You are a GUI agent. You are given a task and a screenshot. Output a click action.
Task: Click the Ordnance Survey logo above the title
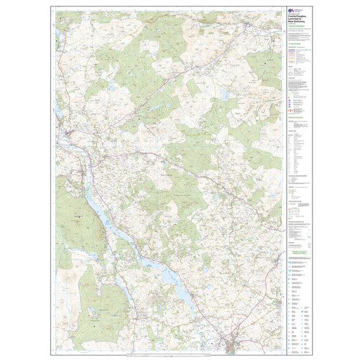point(292,11)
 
